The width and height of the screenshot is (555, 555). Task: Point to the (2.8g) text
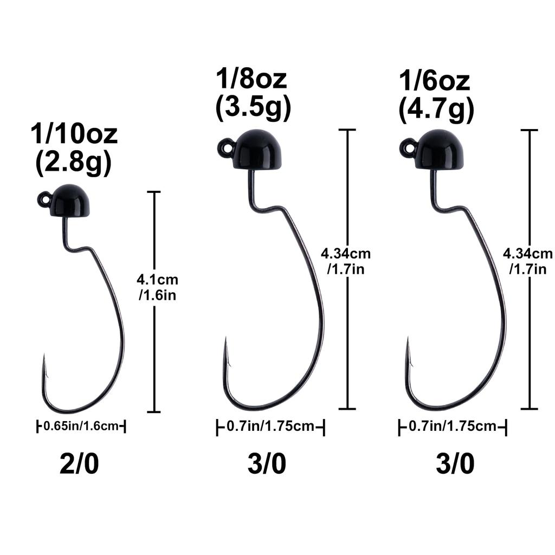pos(74,163)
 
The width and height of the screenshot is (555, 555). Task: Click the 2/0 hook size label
pos(79,464)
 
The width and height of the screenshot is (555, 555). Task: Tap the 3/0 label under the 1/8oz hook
pos(267,464)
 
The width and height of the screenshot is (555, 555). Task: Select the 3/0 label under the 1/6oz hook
pos(455,464)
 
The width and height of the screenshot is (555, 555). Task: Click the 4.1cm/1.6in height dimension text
pos(157,288)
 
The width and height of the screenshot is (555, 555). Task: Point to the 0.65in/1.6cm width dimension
pos(81,427)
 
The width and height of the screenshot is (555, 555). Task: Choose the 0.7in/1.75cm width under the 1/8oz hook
pos(270,427)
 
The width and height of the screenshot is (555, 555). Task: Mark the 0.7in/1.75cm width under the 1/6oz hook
pos(453,427)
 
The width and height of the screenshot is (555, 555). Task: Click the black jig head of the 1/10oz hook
pos(70,201)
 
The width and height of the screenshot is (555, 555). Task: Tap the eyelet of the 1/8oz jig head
pos(227,146)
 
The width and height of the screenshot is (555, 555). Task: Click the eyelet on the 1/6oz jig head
pos(409,147)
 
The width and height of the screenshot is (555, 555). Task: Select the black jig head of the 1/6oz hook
pos(439,149)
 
